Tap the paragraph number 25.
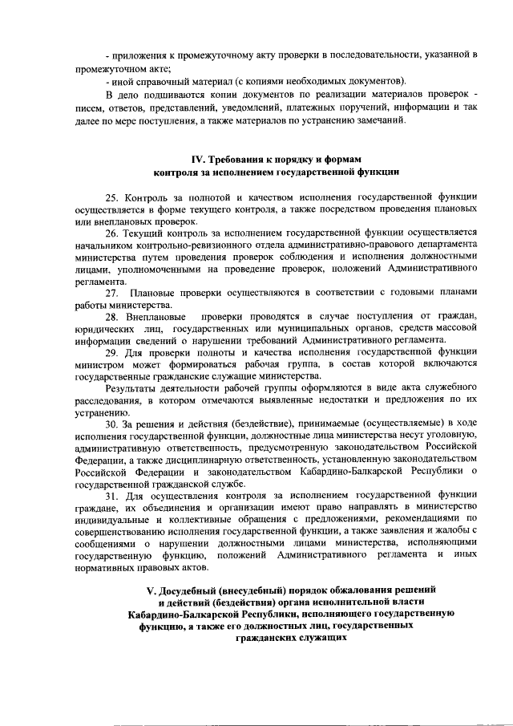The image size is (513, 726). pyautogui.click(x=111, y=196)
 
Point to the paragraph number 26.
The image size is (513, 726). pyautogui.click(x=111, y=233)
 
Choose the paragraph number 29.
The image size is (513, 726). pyautogui.click(x=111, y=351)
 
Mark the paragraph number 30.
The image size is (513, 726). pyautogui.click(x=111, y=423)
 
